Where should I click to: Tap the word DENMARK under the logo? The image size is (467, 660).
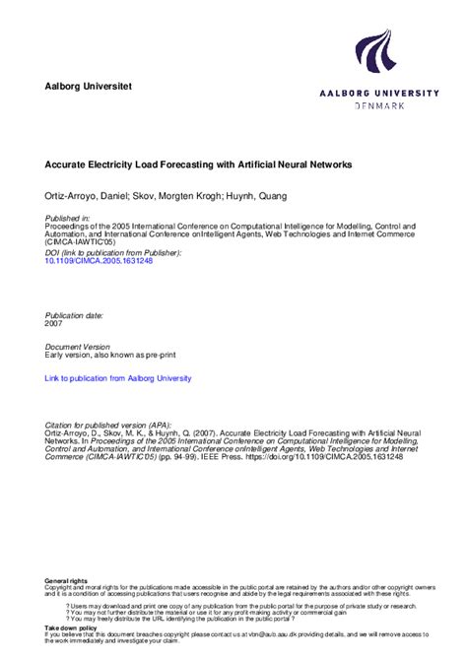(x=378, y=105)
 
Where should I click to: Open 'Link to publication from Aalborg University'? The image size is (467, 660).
(x=118, y=378)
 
